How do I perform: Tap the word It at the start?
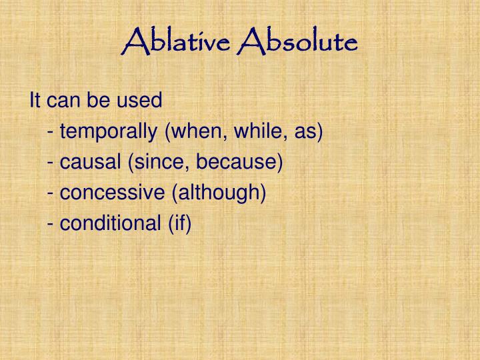tap(35, 101)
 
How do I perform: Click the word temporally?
tap(109, 131)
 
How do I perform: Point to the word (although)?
tap(219, 193)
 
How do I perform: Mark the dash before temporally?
tap(51, 133)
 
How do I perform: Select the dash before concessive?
tap(51, 194)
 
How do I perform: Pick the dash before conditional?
tap(51, 225)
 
